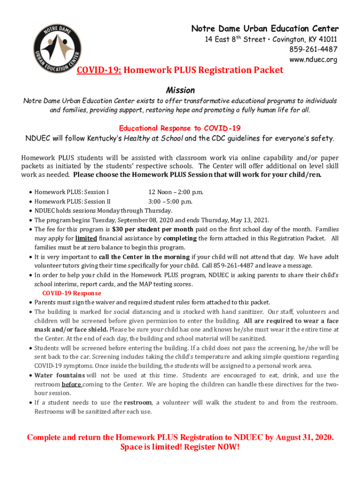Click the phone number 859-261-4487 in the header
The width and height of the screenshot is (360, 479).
tap(314, 50)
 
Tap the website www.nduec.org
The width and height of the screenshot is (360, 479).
tap(313, 59)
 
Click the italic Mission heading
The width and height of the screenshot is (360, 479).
tap(180, 90)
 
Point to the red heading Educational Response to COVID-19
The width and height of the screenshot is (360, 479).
tap(180, 128)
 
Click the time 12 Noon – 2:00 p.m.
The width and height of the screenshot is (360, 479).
tap(175, 192)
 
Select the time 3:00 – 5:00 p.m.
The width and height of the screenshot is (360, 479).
tap(170, 202)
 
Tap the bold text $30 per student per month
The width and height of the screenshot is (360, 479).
tap(152, 230)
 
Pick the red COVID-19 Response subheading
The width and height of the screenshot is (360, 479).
tap(72, 293)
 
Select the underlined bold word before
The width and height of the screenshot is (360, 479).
tap(72, 385)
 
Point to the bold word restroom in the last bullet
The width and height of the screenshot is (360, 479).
tap(138, 403)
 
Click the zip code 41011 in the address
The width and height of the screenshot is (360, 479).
tap(327, 40)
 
